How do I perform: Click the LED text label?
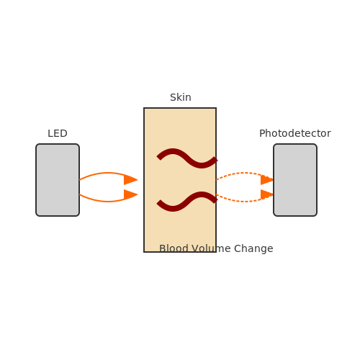[58, 133]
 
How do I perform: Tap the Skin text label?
[181, 97]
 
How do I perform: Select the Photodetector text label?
[295, 133]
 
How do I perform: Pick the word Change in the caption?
[253, 248]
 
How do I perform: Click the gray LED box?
[58, 180]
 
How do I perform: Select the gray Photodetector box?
[295, 180]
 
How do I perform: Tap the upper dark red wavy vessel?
[187, 158]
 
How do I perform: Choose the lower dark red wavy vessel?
[187, 202]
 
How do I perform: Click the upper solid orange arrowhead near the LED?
[130, 180]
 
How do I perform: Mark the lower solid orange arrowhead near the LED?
[130, 194]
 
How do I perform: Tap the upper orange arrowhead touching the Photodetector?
[267, 180]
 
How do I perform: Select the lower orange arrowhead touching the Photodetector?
[267, 194]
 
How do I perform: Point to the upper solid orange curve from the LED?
[107, 173]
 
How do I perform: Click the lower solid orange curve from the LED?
[107, 202]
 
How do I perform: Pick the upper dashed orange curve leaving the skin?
[244, 173]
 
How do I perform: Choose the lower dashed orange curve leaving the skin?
[244, 202]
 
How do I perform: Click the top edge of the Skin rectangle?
[180, 108]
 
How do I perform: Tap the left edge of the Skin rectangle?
[144, 180]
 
